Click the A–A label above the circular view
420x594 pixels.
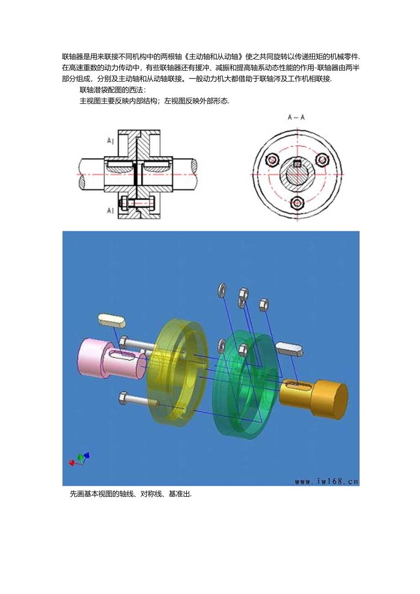tap(296, 118)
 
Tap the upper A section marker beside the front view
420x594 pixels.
tap(110, 142)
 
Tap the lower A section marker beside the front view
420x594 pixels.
tap(110, 210)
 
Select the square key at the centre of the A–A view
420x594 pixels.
tap(297, 163)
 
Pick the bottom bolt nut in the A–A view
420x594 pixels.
tap(298, 203)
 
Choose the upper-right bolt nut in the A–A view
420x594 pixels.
tap(322, 159)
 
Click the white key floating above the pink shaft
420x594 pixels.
tap(111, 320)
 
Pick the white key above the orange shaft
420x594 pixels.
tap(288, 348)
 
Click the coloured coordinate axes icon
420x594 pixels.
tap(79, 458)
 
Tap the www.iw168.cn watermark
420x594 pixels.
tap(326, 481)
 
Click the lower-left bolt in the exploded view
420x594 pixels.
tap(137, 400)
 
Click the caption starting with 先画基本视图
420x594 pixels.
tap(131, 494)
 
